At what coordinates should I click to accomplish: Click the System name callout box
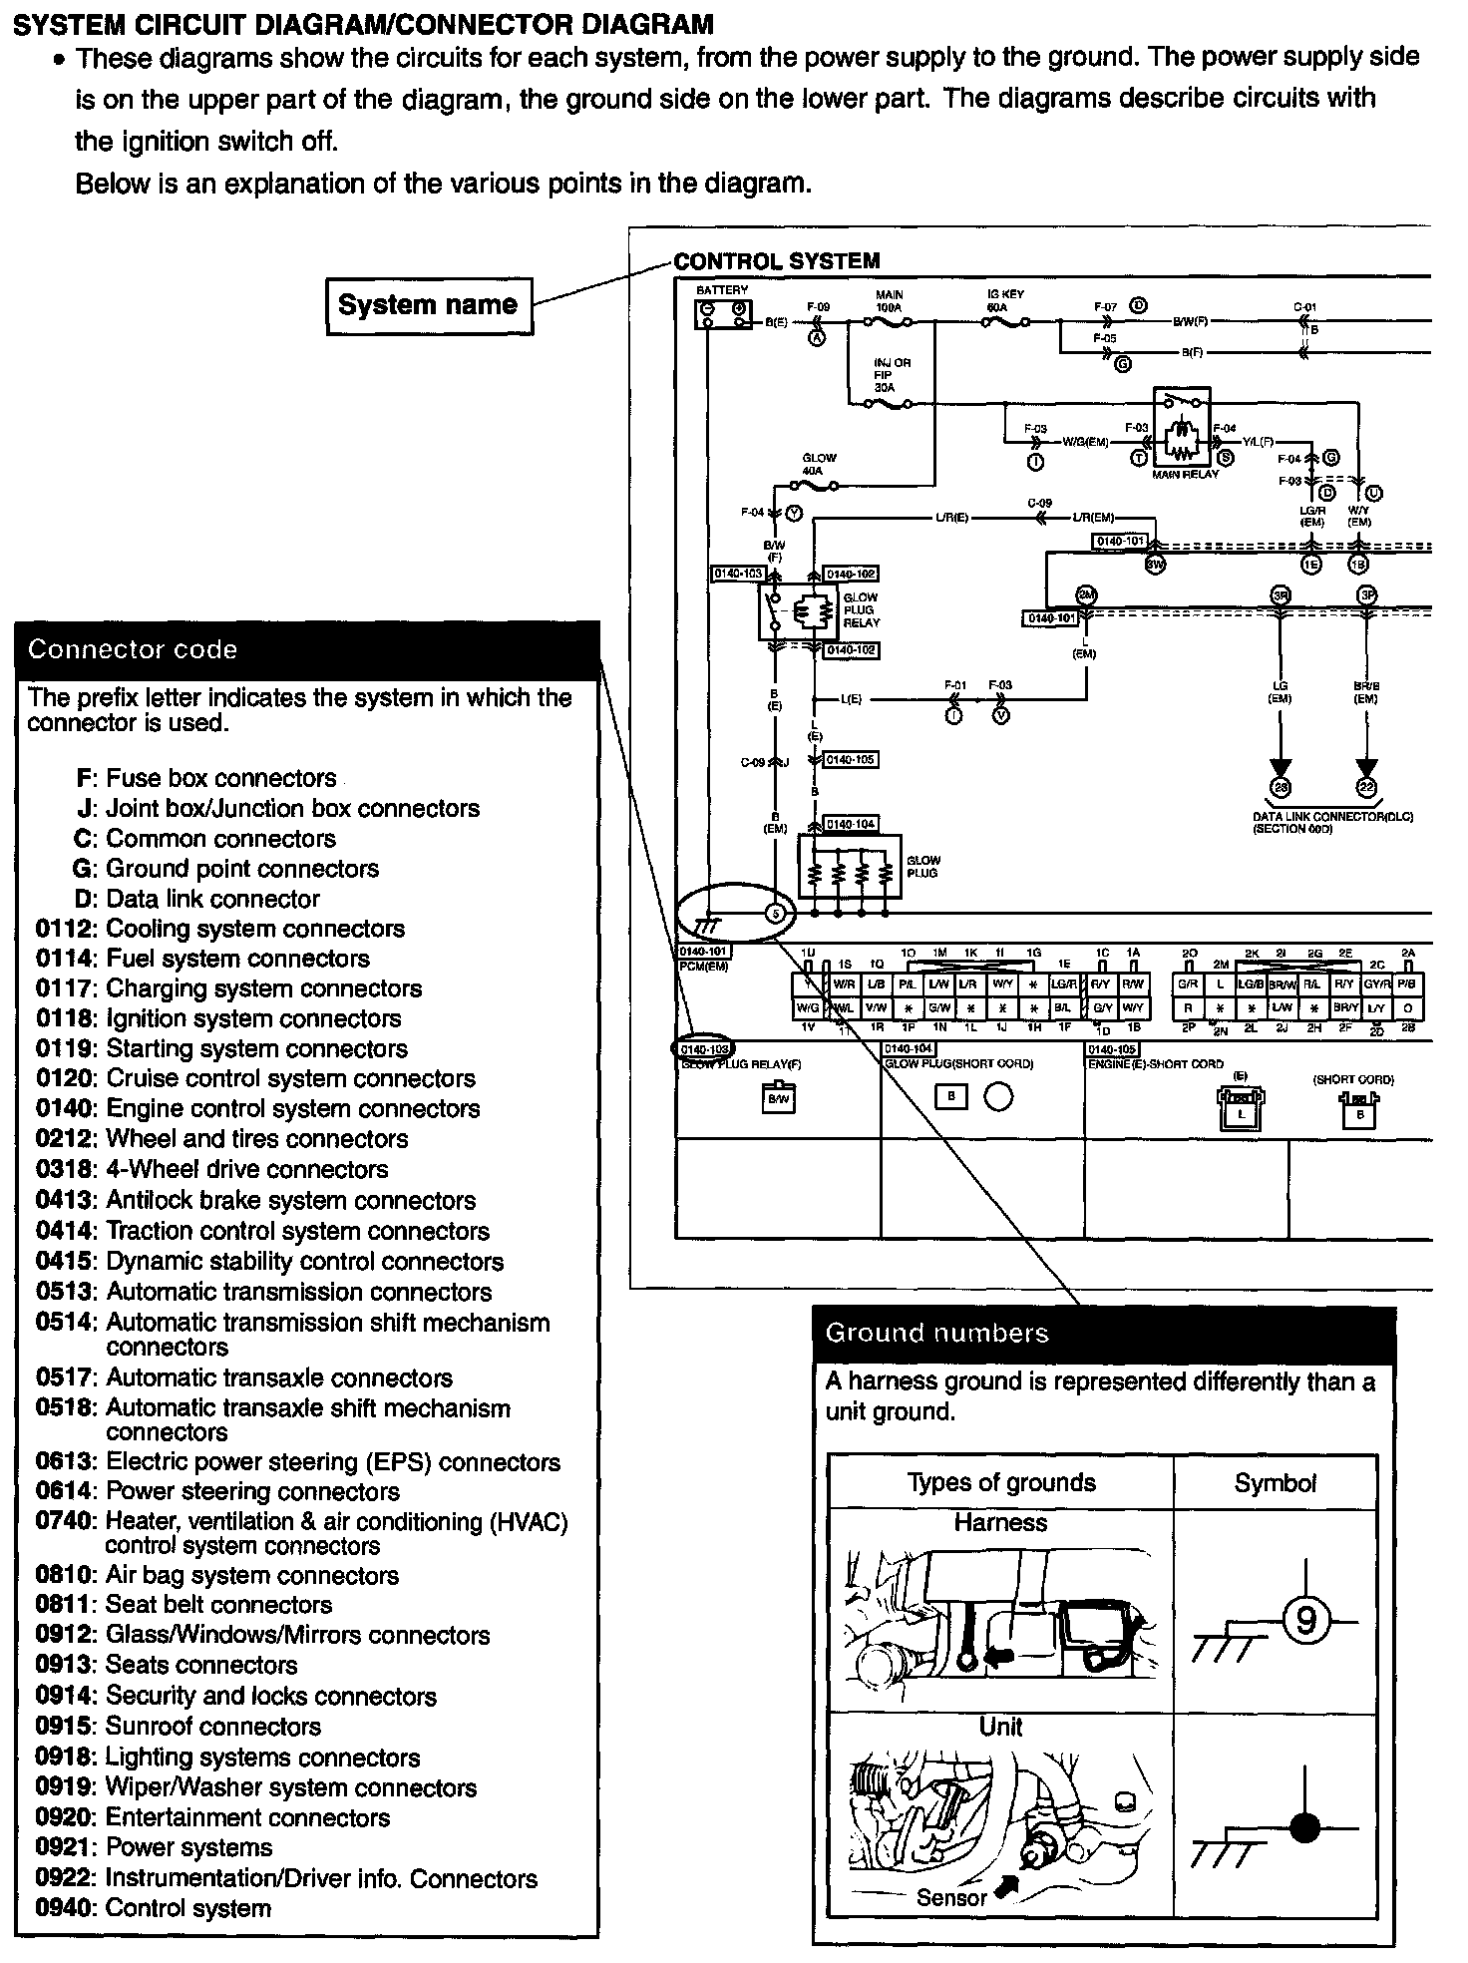(429, 305)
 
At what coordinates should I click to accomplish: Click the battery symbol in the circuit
(722, 314)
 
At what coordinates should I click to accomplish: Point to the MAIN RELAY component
(1183, 430)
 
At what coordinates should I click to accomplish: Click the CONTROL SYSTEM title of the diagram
(777, 261)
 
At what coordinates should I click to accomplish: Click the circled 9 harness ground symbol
(1304, 1622)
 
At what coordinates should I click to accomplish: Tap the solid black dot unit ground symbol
(1304, 1828)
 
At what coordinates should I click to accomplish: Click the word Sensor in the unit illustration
(950, 1898)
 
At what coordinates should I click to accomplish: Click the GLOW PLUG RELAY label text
(862, 610)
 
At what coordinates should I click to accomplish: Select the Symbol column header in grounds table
(1275, 1483)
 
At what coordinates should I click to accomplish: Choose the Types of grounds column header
(1001, 1483)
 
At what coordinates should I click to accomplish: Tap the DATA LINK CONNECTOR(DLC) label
(1332, 817)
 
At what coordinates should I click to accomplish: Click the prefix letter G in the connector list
(84, 869)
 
